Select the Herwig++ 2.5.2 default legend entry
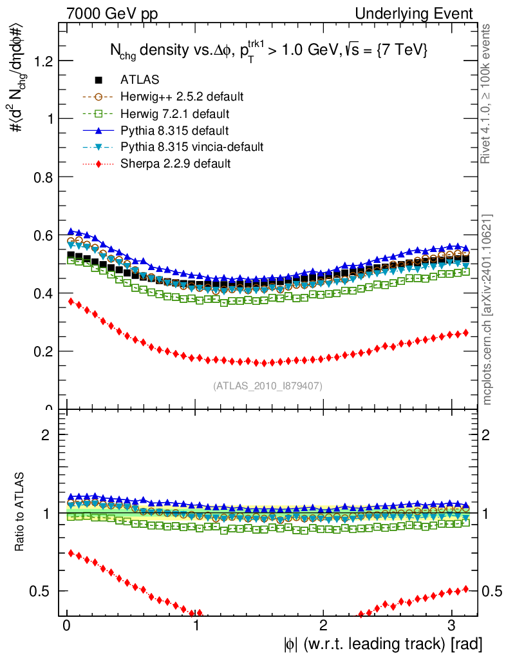point(182,97)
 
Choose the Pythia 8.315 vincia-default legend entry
point(192,147)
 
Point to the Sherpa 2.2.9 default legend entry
point(175,164)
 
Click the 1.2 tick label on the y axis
point(43,61)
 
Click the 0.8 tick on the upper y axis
point(43,177)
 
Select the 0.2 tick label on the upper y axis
point(43,351)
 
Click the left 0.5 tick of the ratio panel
point(43,591)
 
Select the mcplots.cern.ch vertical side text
point(489,309)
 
